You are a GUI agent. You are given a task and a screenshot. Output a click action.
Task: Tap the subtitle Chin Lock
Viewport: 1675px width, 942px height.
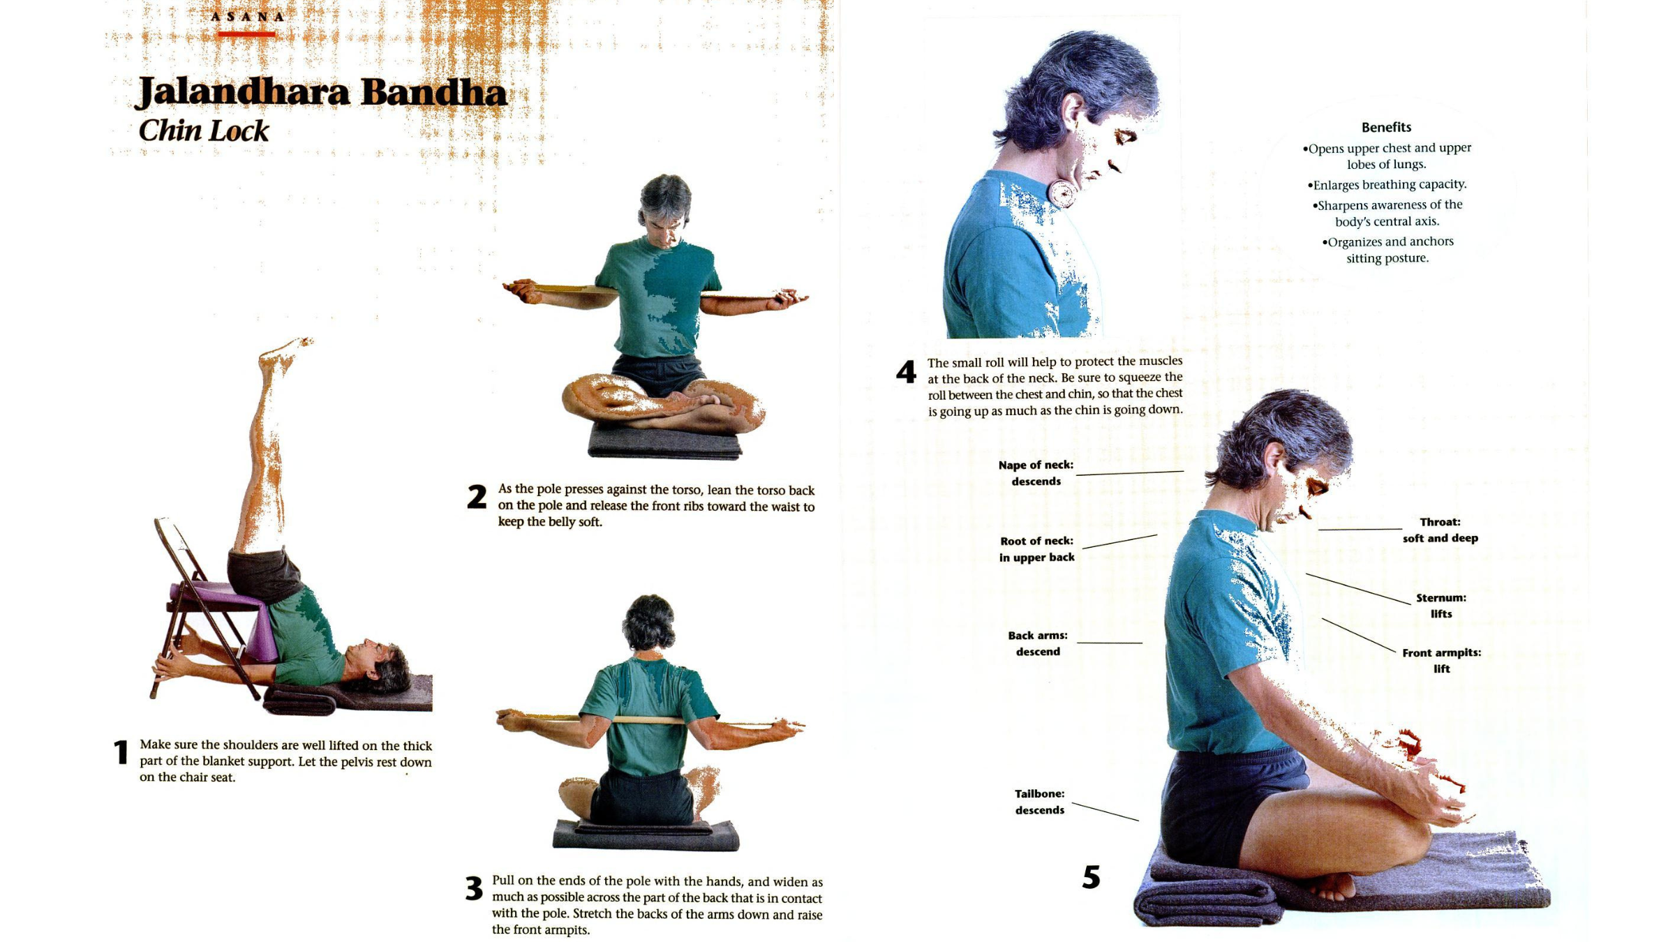coord(203,130)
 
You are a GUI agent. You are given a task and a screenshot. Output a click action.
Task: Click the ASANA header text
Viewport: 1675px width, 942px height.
coord(247,17)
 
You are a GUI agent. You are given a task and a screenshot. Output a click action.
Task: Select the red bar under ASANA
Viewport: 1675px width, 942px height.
coord(246,33)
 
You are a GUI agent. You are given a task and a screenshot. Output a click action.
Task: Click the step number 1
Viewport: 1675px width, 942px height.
coord(121,752)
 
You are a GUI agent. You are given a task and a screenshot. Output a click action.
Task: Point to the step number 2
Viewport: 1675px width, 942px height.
coord(477,497)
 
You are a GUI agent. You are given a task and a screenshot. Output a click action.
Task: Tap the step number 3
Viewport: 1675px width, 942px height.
coord(474,888)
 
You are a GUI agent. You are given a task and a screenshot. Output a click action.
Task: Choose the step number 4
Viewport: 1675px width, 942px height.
coord(906,372)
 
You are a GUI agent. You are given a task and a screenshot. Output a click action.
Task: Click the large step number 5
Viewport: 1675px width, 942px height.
coord(1091,877)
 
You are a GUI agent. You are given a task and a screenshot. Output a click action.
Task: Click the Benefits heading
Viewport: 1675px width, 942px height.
coord(1386,127)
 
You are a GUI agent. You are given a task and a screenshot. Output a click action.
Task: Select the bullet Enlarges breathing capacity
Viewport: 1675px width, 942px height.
coord(1387,184)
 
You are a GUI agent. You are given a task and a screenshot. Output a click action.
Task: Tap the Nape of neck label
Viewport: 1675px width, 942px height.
coord(1036,472)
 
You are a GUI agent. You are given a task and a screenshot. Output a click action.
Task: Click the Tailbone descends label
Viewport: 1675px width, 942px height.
coord(1039,802)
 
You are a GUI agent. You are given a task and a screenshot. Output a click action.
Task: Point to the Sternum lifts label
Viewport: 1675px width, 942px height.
coord(1440,606)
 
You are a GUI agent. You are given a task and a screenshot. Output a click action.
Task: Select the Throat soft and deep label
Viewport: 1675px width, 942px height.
coord(1440,530)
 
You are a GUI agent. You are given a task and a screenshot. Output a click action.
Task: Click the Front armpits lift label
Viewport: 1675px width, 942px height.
coord(1441,660)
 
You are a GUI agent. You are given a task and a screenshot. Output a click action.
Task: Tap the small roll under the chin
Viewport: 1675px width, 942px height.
coord(1062,193)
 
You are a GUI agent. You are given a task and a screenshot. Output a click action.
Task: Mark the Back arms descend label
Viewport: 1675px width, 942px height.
coord(1038,643)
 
